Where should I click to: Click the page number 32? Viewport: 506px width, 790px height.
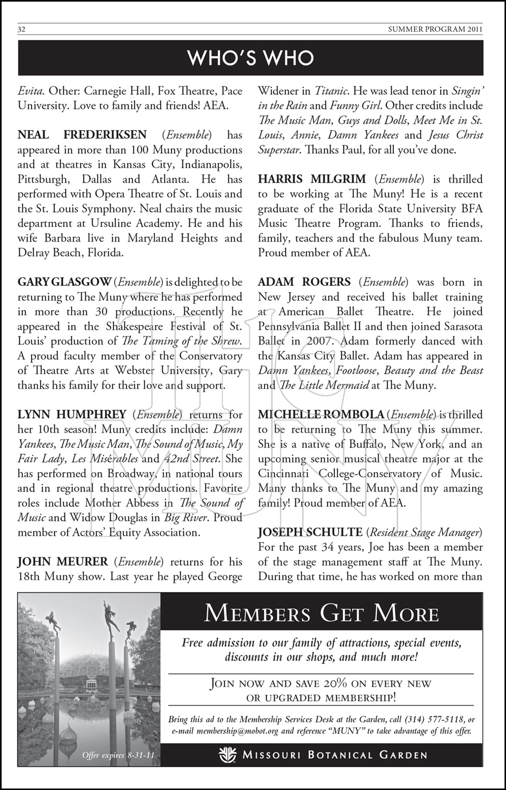pos(22,29)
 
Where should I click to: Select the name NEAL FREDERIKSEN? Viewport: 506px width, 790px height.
pos(82,135)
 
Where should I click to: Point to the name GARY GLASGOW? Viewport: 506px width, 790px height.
pos(64,282)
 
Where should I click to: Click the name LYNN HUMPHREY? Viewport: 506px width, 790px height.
pos(72,415)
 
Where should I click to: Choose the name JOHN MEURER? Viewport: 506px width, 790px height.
pos(63,562)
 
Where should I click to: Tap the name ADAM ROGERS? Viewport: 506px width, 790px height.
pos(304,282)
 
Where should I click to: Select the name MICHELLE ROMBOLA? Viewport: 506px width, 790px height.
pos(321,415)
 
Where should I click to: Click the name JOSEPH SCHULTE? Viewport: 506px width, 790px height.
pos(310,532)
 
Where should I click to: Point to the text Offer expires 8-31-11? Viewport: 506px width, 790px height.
pos(118,756)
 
